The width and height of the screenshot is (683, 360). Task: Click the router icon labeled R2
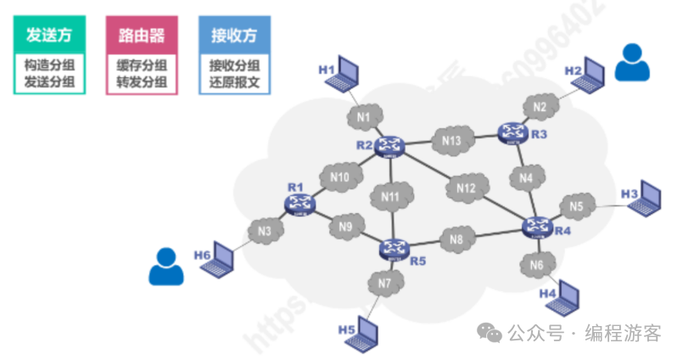pyautogui.click(x=390, y=145)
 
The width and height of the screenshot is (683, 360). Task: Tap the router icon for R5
pyautogui.click(x=393, y=248)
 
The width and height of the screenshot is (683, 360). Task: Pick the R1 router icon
pyautogui.click(x=300, y=203)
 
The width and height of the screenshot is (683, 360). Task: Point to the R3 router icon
pyautogui.click(x=512, y=132)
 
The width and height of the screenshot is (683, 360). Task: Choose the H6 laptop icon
pyautogui.click(x=221, y=259)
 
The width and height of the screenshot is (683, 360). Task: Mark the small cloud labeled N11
pyautogui.click(x=390, y=198)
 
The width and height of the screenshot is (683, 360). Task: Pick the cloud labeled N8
pyautogui.click(x=457, y=239)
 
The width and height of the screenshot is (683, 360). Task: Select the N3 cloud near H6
pyautogui.click(x=265, y=230)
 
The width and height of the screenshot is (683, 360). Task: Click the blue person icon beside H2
pyautogui.click(x=630, y=62)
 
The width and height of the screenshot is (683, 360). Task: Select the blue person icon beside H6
pyautogui.click(x=165, y=266)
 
